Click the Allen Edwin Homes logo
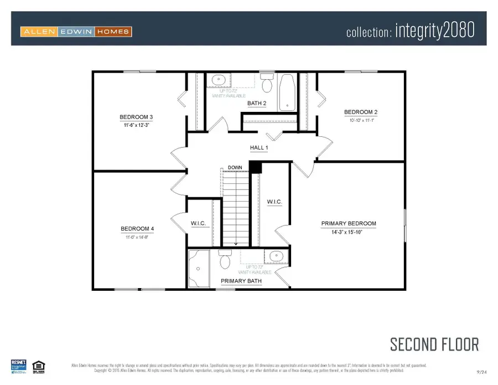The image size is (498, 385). [x=76, y=32]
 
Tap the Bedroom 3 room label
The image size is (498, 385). [x=136, y=117]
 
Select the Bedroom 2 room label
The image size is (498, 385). [x=360, y=112]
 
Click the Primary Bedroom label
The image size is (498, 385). [x=349, y=224]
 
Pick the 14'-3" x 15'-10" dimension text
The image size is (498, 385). [x=349, y=232]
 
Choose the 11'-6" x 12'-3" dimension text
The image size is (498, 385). [x=136, y=125]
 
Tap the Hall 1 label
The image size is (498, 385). [x=259, y=148]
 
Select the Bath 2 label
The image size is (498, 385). [x=257, y=103]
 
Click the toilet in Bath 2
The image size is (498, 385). [x=267, y=84]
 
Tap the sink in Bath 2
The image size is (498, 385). [x=218, y=80]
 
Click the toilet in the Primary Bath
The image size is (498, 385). [x=224, y=259]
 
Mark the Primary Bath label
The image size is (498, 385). [x=241, y=281]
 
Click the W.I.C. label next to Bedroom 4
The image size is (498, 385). [x=199, y=223]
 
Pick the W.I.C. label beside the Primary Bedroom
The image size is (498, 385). [x=274, y=202]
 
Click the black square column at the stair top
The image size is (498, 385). [x=255, y=167]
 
